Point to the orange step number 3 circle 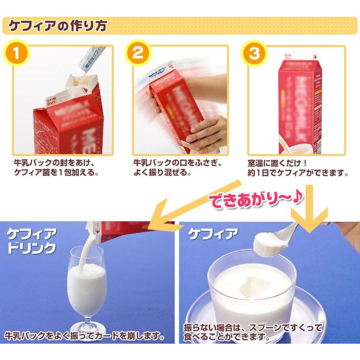point(254,53)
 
